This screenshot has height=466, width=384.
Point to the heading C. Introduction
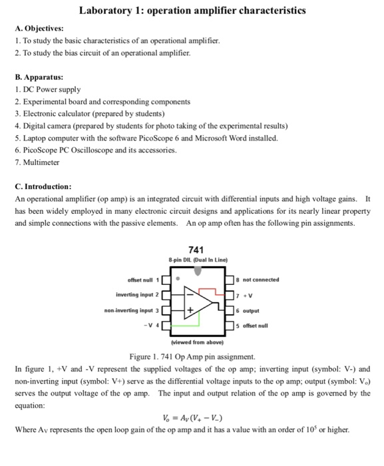tap(43, 187)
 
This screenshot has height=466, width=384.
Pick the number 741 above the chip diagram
tap(196, 248)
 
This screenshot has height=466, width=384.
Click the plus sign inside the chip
tap(191, 310)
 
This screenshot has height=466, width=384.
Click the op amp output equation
tap(192, 417)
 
